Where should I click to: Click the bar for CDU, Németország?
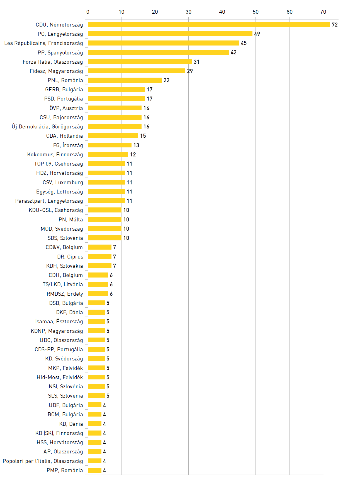[209, 25]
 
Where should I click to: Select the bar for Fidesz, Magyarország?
[137, 71]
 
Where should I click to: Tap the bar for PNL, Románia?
[125, 80]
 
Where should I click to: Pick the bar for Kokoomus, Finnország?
[108, 154]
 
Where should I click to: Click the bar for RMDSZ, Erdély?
[98, 294]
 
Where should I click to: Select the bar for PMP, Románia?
[94, 470]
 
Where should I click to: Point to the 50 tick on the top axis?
[256, 12]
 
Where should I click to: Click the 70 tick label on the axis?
[323, 12]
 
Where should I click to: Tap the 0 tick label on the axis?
[88, 12]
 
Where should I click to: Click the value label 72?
[335, 25]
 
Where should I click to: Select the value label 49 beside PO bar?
[257, 34]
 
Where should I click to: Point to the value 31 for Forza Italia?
[196, 62]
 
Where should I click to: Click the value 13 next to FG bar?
[136, 145]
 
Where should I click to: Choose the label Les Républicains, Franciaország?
[43, 43]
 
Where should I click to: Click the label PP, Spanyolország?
[60, 52]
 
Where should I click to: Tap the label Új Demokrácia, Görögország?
[47, 127]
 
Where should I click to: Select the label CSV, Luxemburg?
[63, 182]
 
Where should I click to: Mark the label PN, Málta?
[70, 219]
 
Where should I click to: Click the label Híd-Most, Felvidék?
[60, 377]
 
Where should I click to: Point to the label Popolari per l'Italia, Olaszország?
[43, 461]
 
